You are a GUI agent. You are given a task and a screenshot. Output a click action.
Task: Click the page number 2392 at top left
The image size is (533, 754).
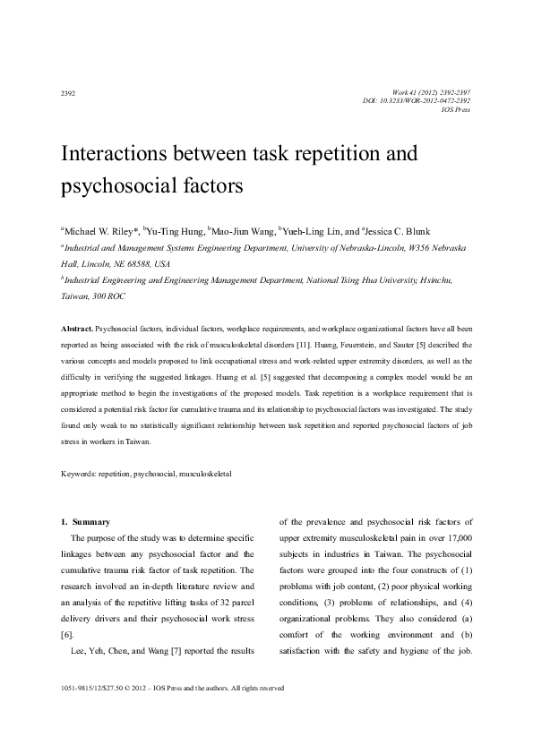pyautogui.click(x=67, y=92)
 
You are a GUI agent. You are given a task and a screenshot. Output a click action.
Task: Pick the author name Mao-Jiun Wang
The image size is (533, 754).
pyautogui.click(x=241, y=229)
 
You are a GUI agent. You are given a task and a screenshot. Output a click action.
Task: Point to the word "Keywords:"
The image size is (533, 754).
pyautogui.click(x=79, y=472)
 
